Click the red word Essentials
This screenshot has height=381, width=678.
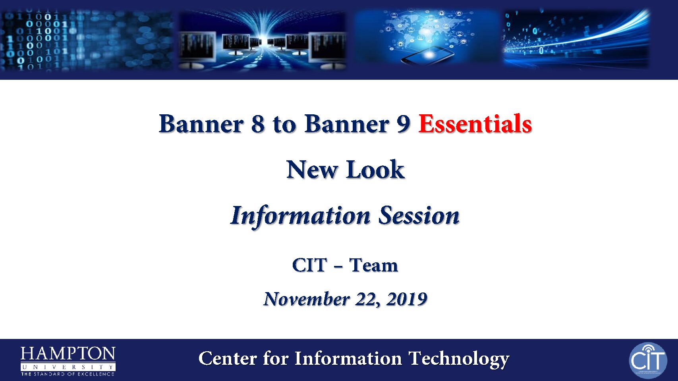point(475,124)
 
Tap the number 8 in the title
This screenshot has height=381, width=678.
point(258,124)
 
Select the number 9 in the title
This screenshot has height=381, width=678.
point(403,124)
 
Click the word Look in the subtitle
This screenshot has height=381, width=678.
point(375,169)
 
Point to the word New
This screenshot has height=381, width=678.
point(312,169)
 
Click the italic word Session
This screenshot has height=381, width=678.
point(419,215)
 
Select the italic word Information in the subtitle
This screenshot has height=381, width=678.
point(301,216)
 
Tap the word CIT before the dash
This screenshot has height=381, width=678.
point(310,265)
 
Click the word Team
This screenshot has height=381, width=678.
point(373,265)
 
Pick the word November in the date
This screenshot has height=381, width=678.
point(307,299)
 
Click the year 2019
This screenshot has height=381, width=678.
point(407,299)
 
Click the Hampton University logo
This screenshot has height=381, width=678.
point(68,361)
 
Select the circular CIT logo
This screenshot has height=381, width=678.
point(648,360)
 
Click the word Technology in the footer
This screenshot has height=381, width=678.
point(459,359)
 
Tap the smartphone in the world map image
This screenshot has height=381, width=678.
point(428,55)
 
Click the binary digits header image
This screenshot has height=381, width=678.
point(87,40)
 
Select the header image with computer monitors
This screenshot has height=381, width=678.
point(262,40)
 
